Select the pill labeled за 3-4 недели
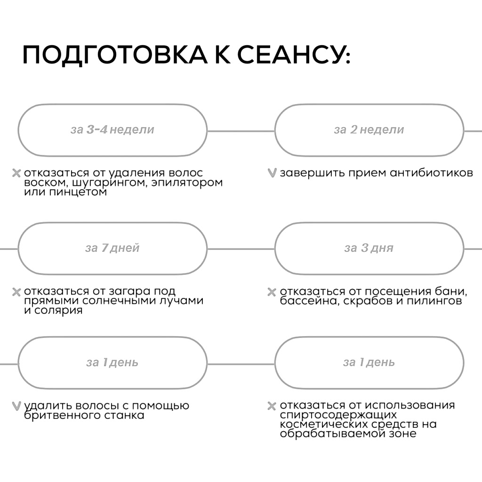pos(112,130)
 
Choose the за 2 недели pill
pos(369,130)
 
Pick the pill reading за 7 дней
pos(112,248)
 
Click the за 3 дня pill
pos(369,248)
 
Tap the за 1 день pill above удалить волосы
pos(112,362)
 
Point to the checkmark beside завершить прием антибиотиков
pos(271,173)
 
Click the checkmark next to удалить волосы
pos(16,406)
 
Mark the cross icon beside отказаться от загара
pos(16,292)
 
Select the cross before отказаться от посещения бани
pos(271,292)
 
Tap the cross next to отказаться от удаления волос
pos(16,173)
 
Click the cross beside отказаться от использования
pos(271,406)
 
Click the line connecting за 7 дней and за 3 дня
pos(241,249)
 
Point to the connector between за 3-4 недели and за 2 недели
pos(241,130)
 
